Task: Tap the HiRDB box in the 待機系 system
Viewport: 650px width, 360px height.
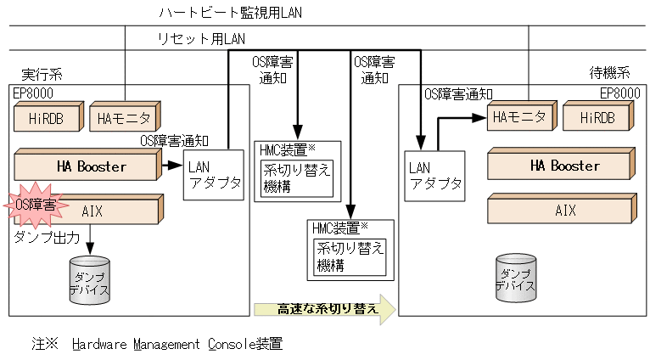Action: (x=601, y=117)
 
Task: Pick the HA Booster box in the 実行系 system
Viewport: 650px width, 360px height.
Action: (x=87, y=166)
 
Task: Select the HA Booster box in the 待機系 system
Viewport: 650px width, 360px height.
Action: (x=561, y=166)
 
